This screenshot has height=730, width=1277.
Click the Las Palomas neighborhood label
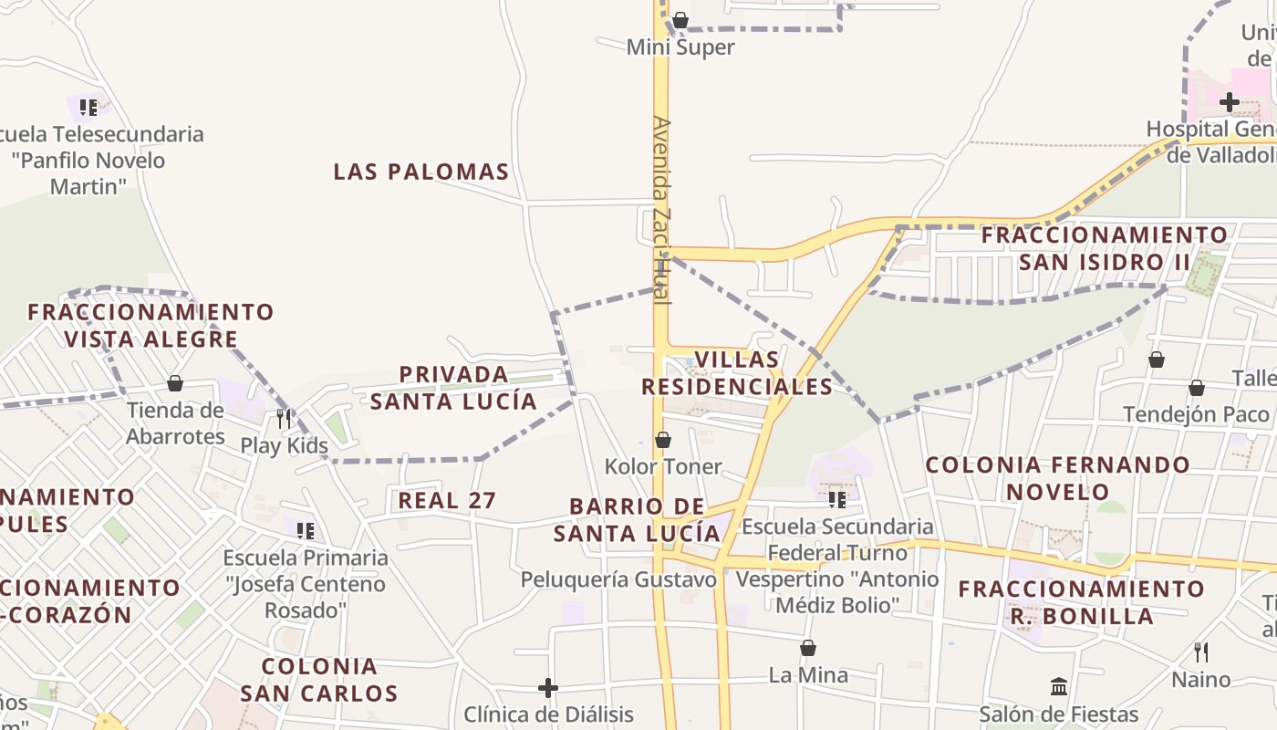420,172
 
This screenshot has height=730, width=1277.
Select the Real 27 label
447,500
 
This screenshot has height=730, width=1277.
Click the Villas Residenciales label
737,373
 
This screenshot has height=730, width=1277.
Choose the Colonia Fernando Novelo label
1057,478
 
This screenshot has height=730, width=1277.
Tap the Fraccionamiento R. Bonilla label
1081,602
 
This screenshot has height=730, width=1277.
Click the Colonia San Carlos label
319,680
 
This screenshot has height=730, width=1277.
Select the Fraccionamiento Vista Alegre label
151,326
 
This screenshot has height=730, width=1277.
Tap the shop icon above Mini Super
680,20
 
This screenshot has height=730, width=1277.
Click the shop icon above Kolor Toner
663,440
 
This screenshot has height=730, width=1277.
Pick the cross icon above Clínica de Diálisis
547,687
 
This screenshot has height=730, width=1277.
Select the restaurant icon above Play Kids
284,418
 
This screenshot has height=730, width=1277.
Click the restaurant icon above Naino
1201,652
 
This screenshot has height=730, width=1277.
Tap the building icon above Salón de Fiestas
1059,686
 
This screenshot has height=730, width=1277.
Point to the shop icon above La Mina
807,648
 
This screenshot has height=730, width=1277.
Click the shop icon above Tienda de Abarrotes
174,383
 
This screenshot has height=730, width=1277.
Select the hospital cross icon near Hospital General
1229,101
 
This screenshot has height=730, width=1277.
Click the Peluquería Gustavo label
618,579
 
